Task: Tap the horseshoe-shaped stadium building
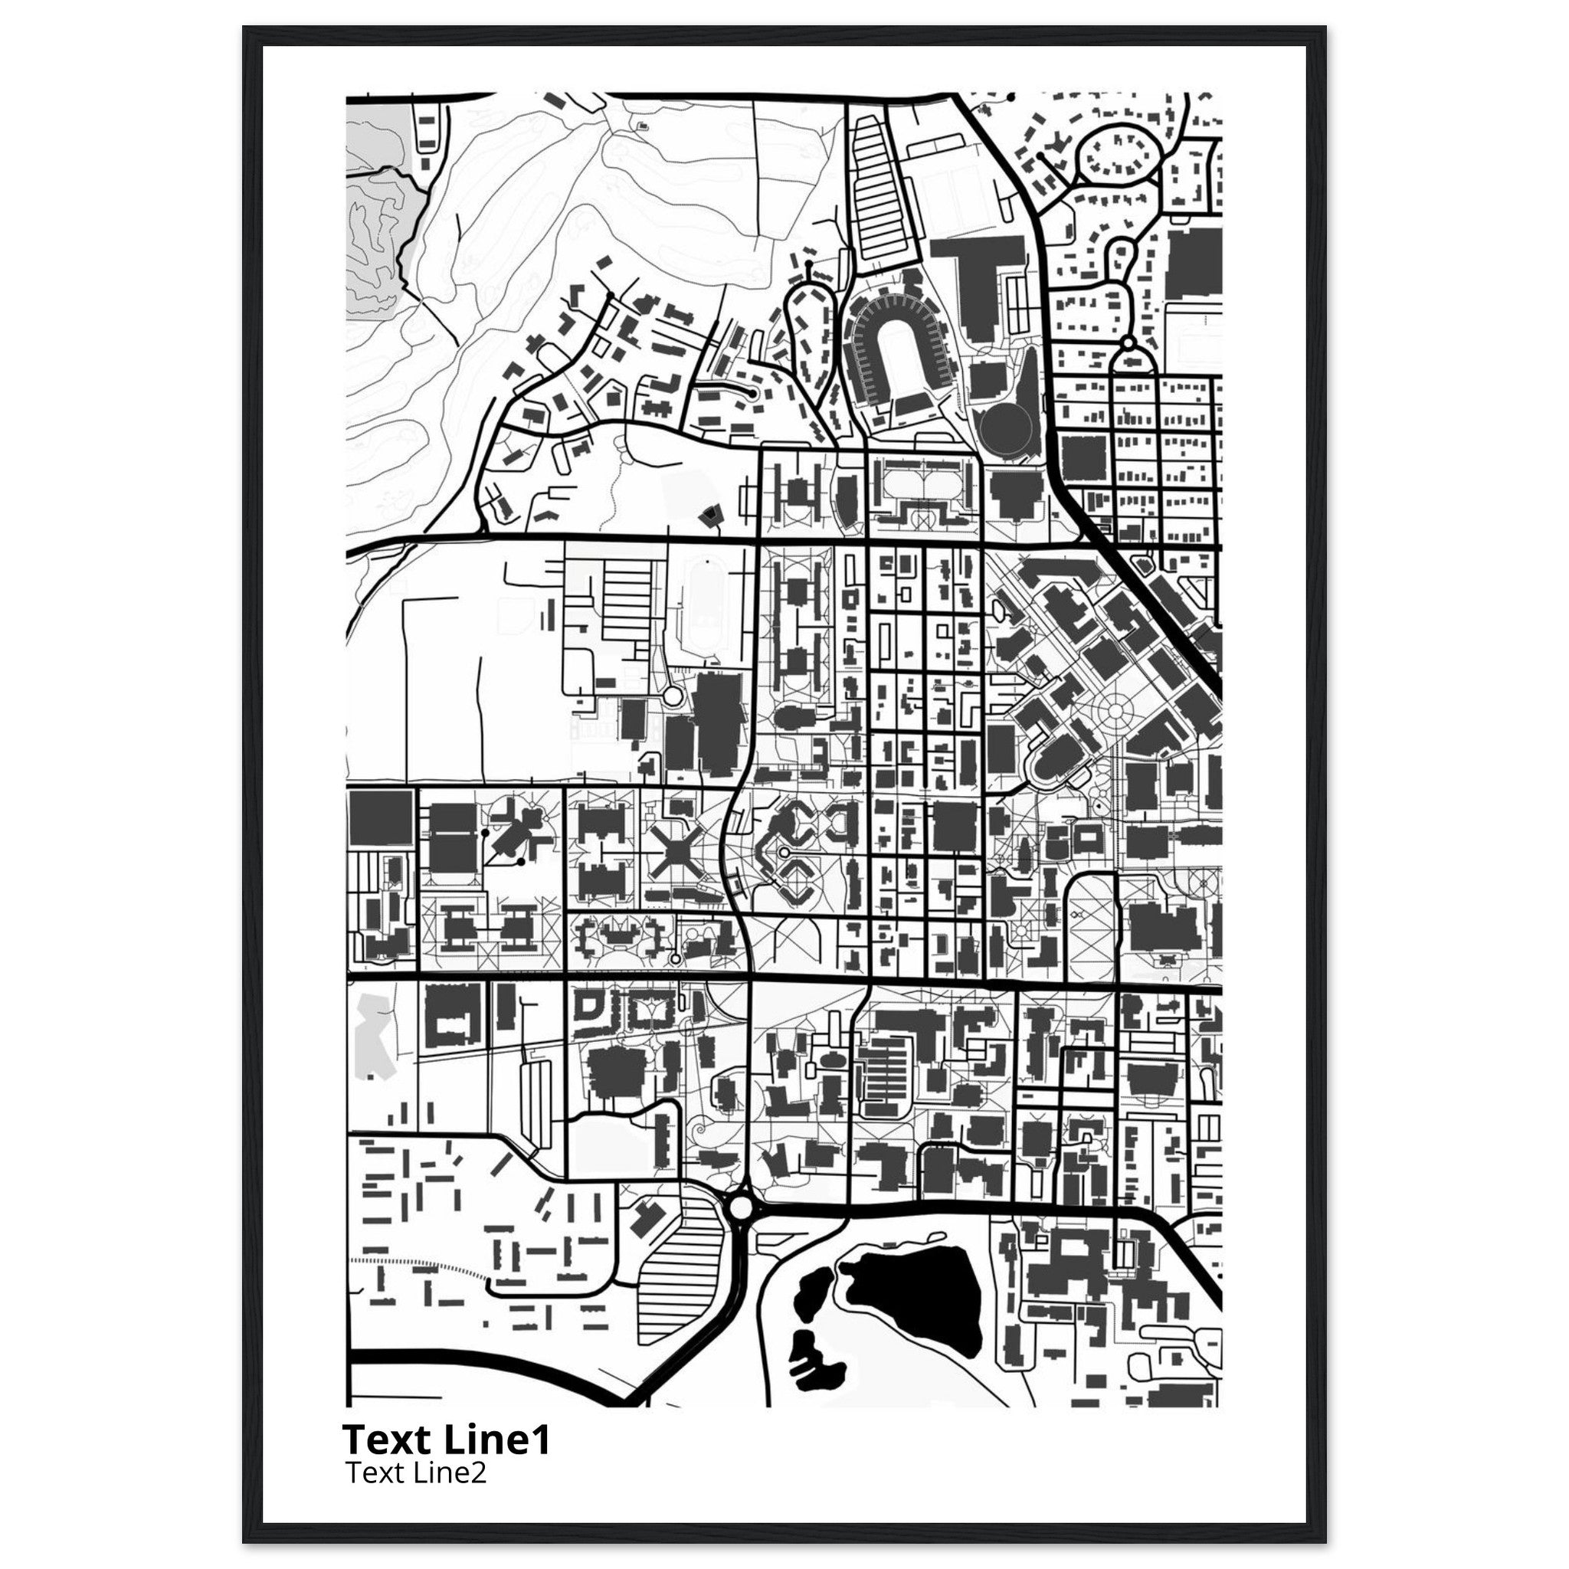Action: tap(897, 350)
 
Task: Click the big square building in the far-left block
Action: tap(381, 821)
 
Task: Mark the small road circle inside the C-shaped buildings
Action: tap(784, 852)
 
